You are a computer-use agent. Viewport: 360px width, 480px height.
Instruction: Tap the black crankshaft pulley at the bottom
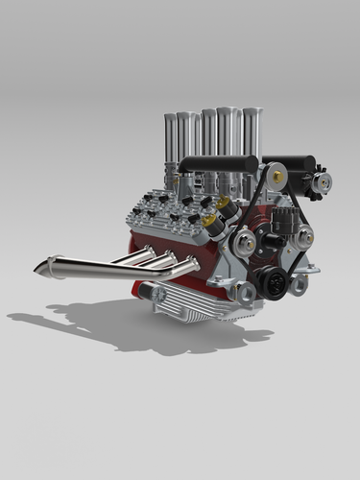[270, 282]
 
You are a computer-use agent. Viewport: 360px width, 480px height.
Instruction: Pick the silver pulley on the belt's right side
[303, 237]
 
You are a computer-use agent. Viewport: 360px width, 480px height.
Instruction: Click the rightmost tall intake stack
[252, 134]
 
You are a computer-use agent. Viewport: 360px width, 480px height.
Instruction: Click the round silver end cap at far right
[324, 181]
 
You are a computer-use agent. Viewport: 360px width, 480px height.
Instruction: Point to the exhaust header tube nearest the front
[173, 270]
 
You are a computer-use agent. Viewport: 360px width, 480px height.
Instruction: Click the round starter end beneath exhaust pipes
[145, 290]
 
